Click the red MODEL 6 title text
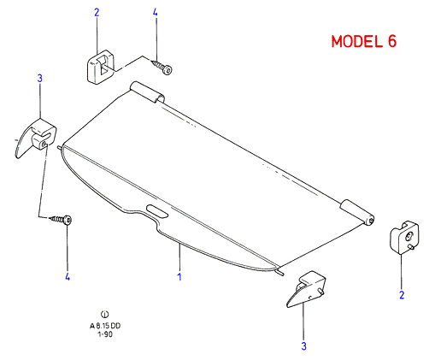click(364, 41)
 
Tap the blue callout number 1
click(179, 276)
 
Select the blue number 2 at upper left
click(97, 13)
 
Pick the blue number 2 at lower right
click(402, 295)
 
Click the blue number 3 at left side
click(40, 79)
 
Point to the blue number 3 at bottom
click(303, 346)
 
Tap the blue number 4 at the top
click(155, 13)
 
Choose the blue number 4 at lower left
click(68, 276)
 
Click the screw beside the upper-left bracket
click(162, 68)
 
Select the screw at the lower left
click(61, 220)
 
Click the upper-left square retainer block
click(100, 67)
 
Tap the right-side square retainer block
click(404, 237)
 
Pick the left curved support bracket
click(36, 138)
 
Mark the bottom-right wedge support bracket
click(306, 289)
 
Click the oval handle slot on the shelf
click(157, 211)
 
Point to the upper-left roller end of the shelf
click(147, 92)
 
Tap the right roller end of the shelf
click(357, 212)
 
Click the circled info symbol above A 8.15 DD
click(105, 314)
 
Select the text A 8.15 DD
click(105, 326)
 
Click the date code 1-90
click(105, 334)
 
